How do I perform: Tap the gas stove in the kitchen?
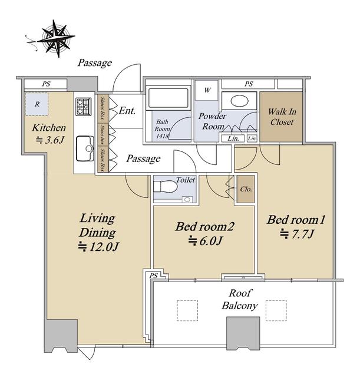tap(83, 107)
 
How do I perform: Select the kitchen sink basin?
tap(85, 148)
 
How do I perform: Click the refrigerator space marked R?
tap(37, 104)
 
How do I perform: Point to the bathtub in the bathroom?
tap(169, 98)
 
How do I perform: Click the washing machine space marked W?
tap(207, 90)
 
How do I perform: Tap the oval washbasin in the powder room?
tap(239, 101)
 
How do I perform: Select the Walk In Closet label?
tap(282, 117)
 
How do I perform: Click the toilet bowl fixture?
tap(163, 186)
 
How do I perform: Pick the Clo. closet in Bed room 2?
tap(246, 189)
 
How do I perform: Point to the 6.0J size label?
tap(205, 240)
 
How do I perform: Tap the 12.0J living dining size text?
tap(98, 247)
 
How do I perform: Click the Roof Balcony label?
tap(240, 300)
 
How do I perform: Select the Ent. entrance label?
tap(127, 111)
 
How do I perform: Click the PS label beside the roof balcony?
tap(153, 276)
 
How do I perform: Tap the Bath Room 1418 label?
tap(162, 128)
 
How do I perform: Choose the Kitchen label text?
tap(49, 128)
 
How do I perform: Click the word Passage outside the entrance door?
tap(95, 63)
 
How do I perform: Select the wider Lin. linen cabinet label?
tap(233, 138)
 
